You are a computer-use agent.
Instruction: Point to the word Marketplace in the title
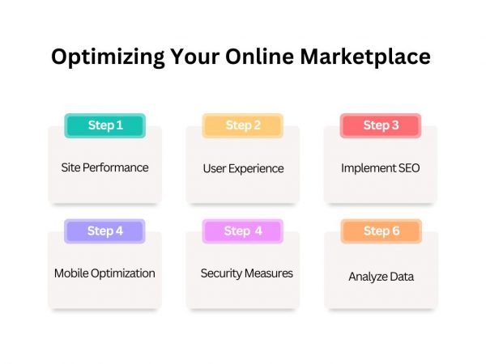(x=378, y=58)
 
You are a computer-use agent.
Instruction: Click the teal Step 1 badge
(x=104, y=125)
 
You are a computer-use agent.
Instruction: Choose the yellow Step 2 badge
(x=243, y=125)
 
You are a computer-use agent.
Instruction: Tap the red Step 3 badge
(x=381, y=125)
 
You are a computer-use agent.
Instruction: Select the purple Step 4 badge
(x=104, y=231)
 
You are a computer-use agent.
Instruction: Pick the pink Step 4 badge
(x=243, y=231)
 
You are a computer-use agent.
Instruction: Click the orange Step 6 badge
(x=381, y=231)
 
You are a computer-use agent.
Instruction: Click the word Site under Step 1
(x=70, y=168)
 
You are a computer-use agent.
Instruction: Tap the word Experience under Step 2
(x=257, y=169)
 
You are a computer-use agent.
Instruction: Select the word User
(x=215, y=168)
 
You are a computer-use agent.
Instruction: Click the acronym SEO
(x=408, y=168)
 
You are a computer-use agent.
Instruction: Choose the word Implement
(x=368, y=169)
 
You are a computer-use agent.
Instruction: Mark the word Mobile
(x=71, y=273)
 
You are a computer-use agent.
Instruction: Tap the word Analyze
(x=368, y=277)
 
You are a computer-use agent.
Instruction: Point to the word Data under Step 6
(x=402, y=277)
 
